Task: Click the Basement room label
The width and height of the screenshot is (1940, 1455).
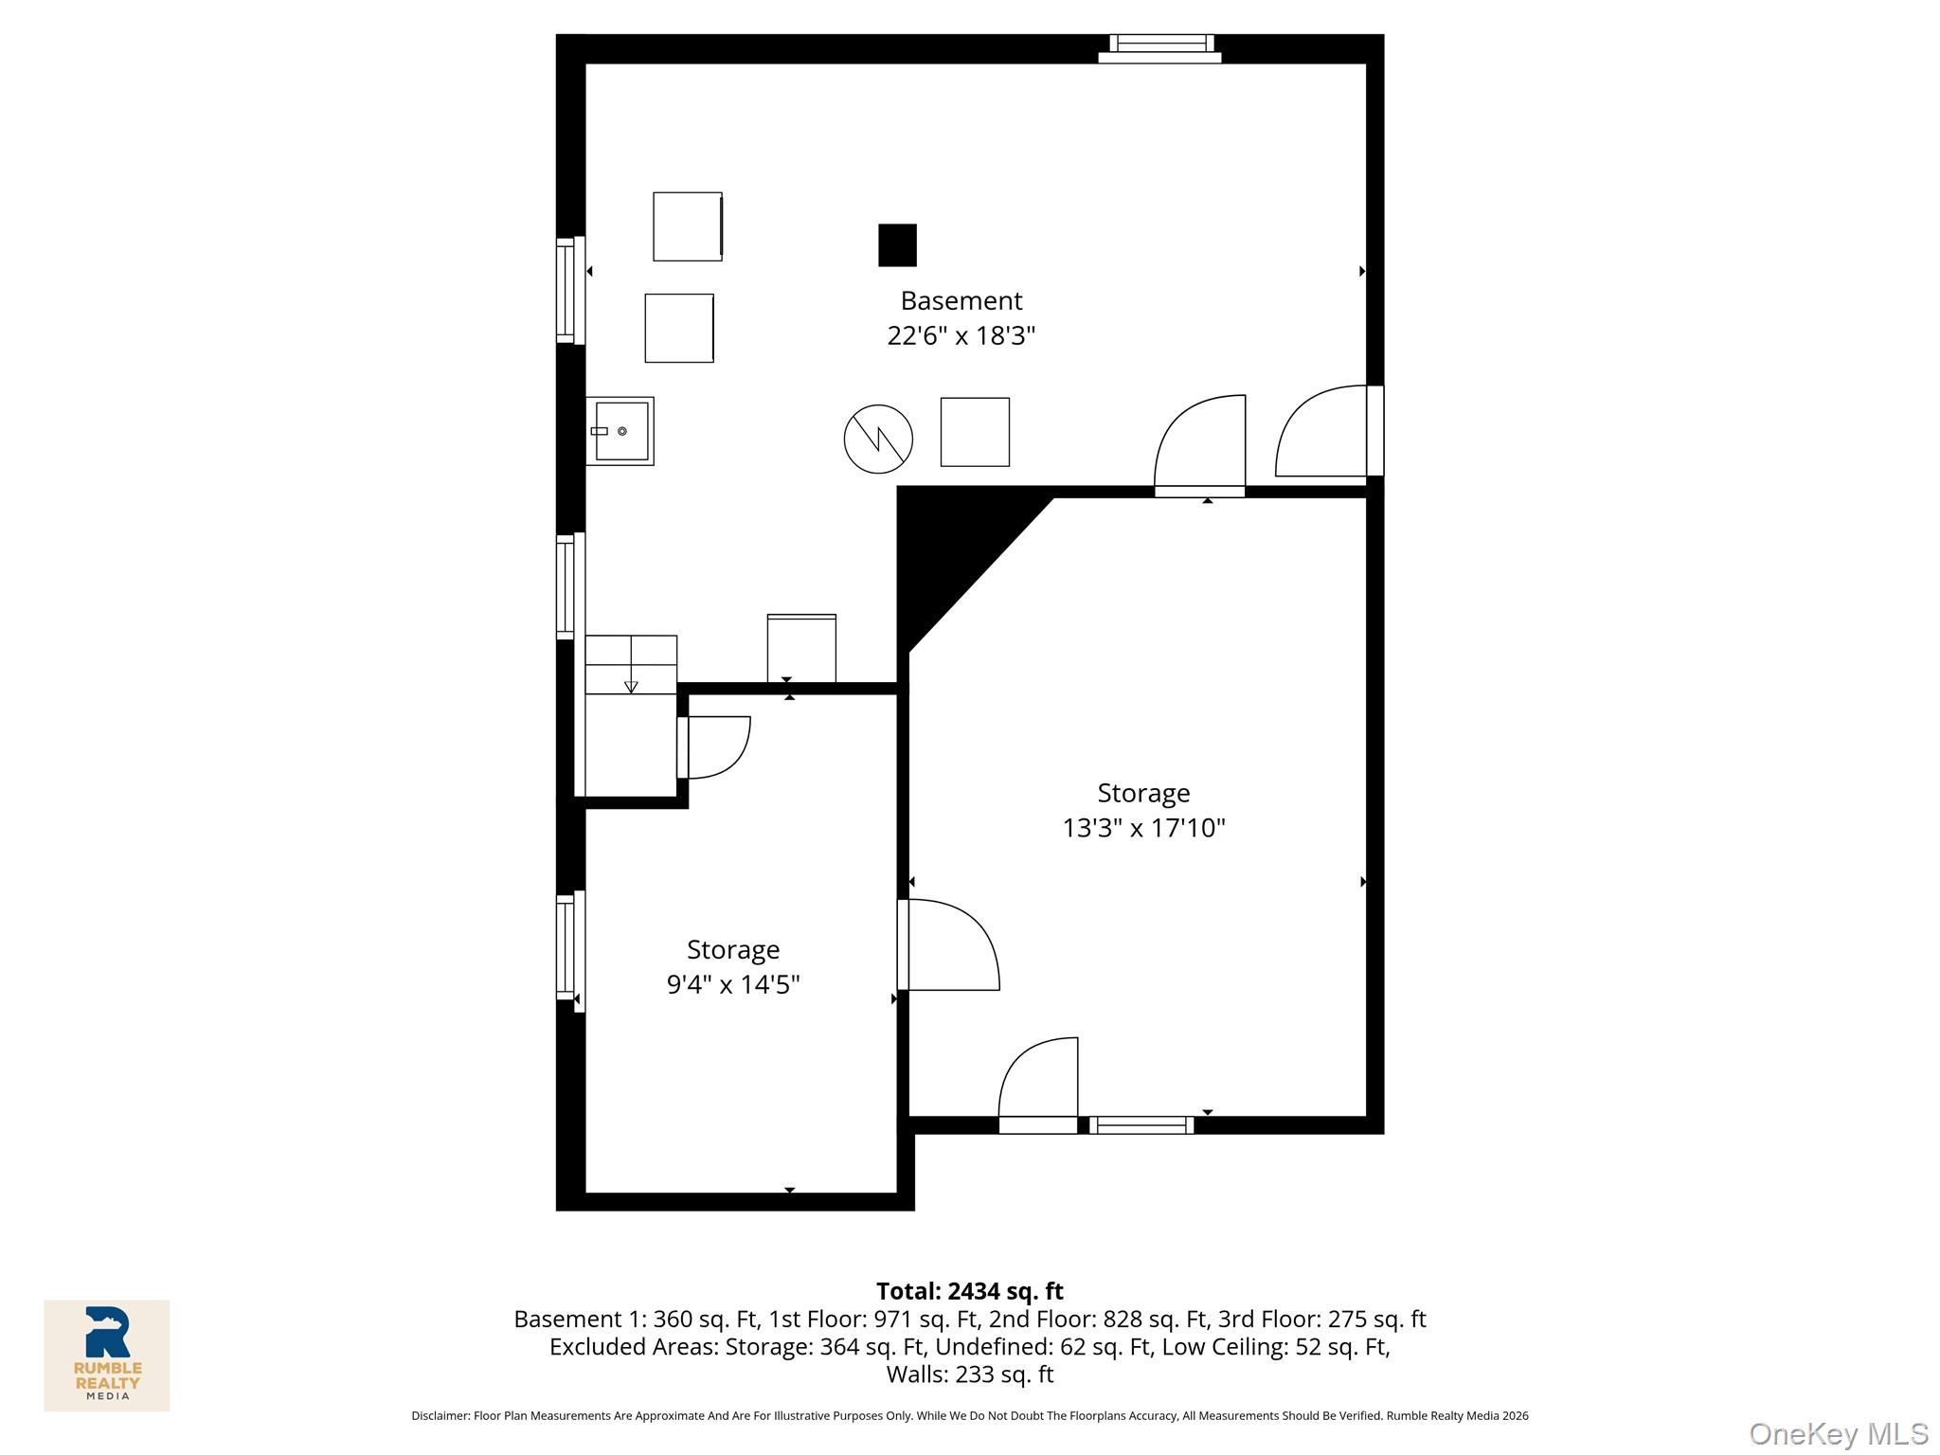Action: point(961,300)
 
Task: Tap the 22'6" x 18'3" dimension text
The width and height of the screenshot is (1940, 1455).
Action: point(961,335)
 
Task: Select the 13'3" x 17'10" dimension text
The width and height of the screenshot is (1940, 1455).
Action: point(1143,828)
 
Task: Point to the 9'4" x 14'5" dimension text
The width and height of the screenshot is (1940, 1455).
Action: point(733,984)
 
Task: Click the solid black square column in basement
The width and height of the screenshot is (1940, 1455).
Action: point(897,245)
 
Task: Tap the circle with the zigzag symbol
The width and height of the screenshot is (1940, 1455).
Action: point(878,439)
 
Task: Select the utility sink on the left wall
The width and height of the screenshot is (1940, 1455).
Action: point(620,431)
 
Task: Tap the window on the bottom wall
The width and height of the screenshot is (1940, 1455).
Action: point(1141,1125)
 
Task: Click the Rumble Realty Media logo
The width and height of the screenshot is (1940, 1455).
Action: point(107,1355)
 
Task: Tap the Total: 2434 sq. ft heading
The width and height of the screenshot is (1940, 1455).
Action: point(969,1291)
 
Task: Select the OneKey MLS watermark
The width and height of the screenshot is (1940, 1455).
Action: point(1838,1433)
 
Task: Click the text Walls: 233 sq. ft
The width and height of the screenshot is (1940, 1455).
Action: point(969,1374)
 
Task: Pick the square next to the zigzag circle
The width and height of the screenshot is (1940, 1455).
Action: point(975,432)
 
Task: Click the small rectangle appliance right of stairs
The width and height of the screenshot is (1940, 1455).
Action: point(801,648)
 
